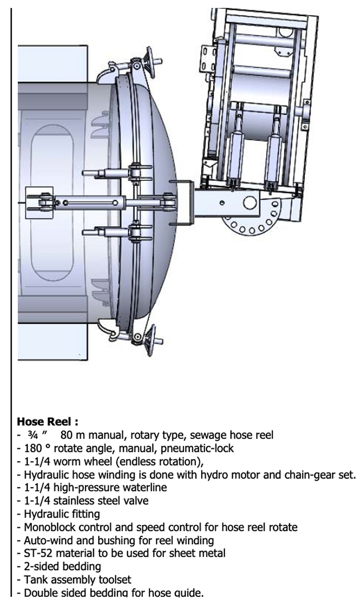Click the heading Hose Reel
[x=47, y=422]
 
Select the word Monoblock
[x=47, y=526]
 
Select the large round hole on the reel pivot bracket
[x=250, y=201]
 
